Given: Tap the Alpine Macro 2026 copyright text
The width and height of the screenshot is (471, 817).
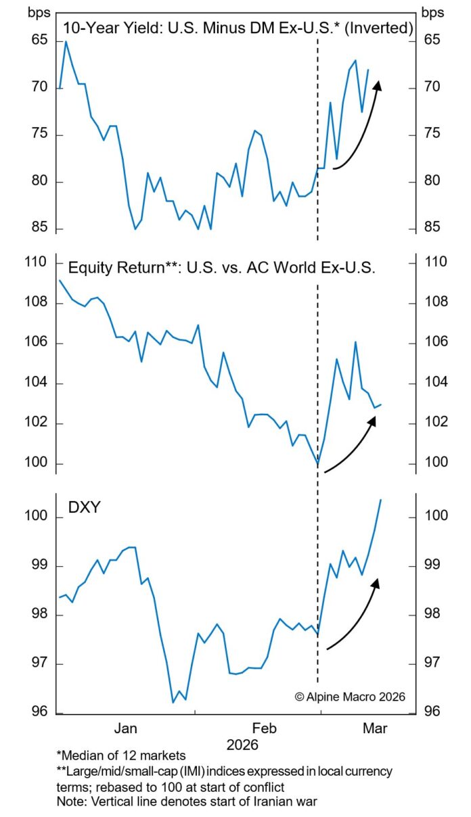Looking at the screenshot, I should [349, 696].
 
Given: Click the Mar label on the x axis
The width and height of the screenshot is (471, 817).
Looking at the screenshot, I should [376, 728].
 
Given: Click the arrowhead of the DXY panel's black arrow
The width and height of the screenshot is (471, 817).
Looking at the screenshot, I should [376, 582].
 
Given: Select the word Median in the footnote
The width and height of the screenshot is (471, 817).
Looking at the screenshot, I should [80, 755].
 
